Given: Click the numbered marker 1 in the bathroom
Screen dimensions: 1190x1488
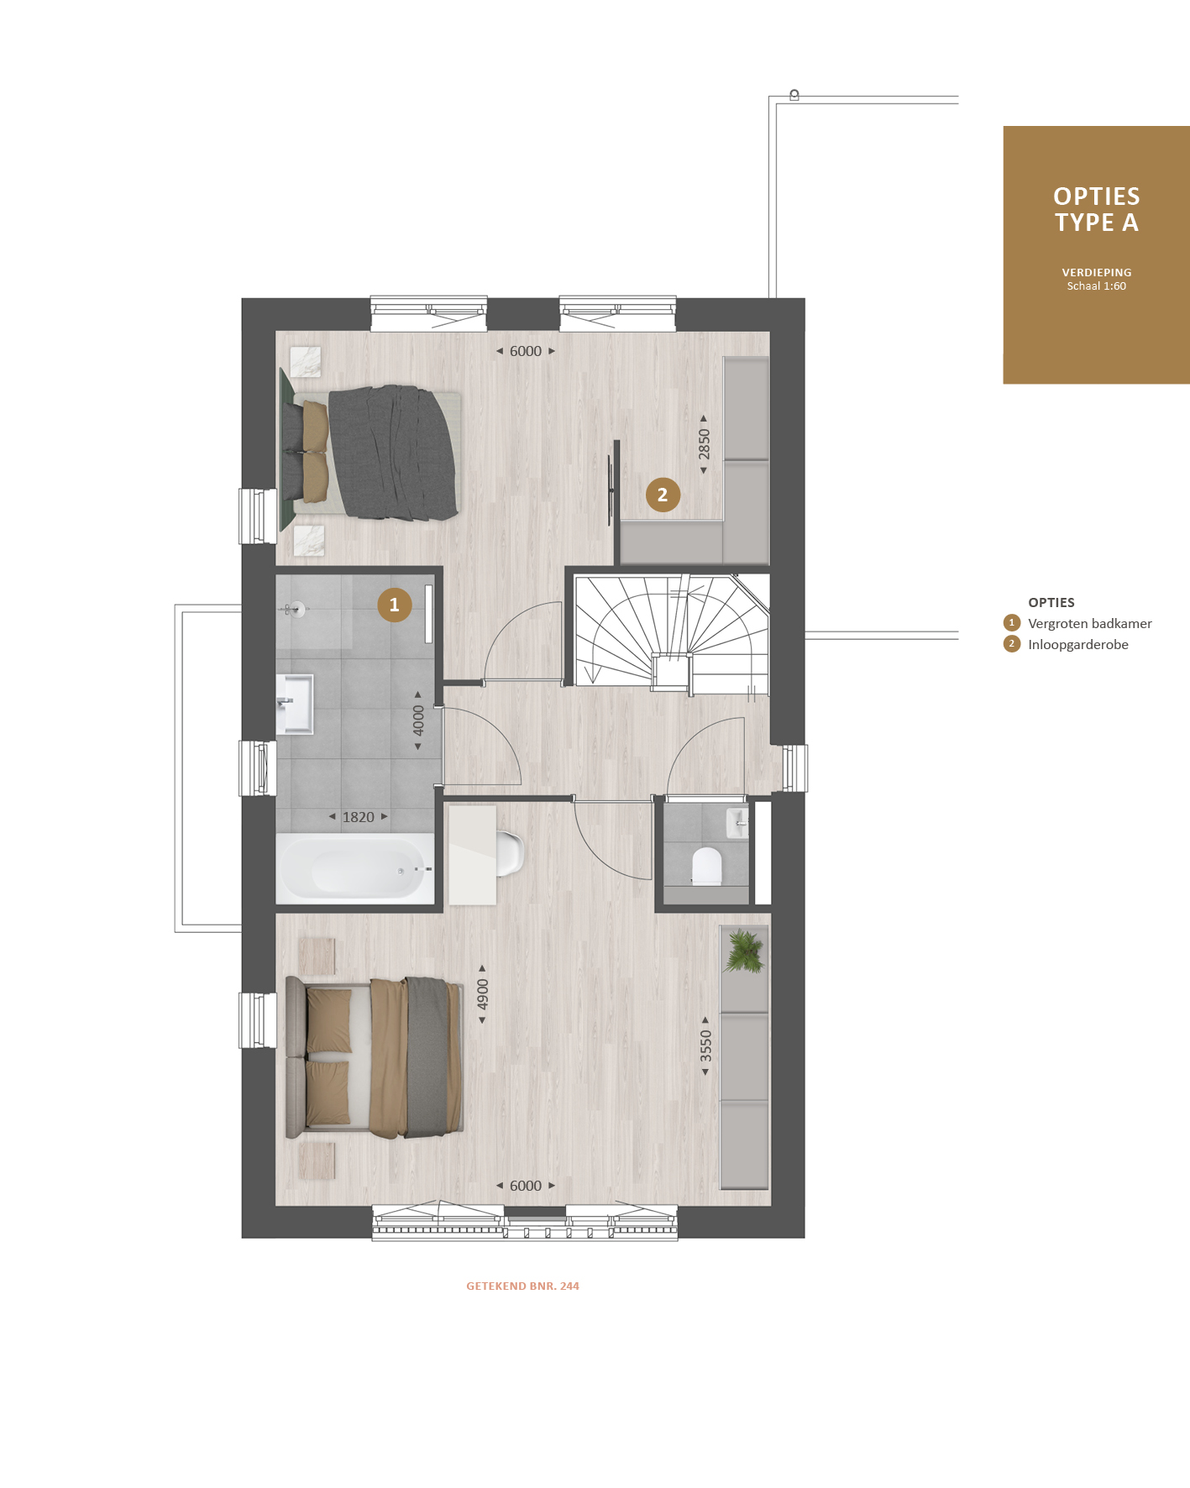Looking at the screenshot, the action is [x=395, y=605].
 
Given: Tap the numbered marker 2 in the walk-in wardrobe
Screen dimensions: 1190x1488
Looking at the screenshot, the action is [x=663, y=495].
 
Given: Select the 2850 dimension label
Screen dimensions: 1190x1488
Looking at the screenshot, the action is [x=704, y=444].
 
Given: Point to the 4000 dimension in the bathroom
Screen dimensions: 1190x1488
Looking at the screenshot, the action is [x=418, y=720].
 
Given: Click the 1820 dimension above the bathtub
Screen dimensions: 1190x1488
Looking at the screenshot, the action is [x=359, y=817].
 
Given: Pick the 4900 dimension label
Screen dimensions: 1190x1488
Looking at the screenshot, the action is [x=483, y=994].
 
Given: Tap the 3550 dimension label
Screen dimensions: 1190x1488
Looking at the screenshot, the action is [x=705, y=1045].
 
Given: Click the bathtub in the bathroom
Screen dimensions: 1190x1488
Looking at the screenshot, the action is [x=355, y=868].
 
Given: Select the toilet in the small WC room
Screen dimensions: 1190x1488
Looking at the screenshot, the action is [x=707, y=867].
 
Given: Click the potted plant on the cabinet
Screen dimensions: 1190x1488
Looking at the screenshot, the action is [x=744, y=951].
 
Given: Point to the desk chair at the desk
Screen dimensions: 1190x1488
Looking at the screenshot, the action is [x=510, y=853].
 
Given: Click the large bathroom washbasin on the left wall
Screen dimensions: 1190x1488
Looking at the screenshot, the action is [x=295, y=704].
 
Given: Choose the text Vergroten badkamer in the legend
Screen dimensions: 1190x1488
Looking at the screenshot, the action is [x=1090, y=623].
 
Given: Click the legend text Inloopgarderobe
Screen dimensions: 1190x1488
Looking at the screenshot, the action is [x=1078, y=644].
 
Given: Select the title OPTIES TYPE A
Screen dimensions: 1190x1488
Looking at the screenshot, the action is [x=1097, y=209].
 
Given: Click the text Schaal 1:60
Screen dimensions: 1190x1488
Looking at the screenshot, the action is [x=1097, y=286].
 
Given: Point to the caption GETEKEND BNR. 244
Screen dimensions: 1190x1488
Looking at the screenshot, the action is [x=523, y=1286].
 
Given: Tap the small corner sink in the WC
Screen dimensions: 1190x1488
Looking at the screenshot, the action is [x=737, y=822].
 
